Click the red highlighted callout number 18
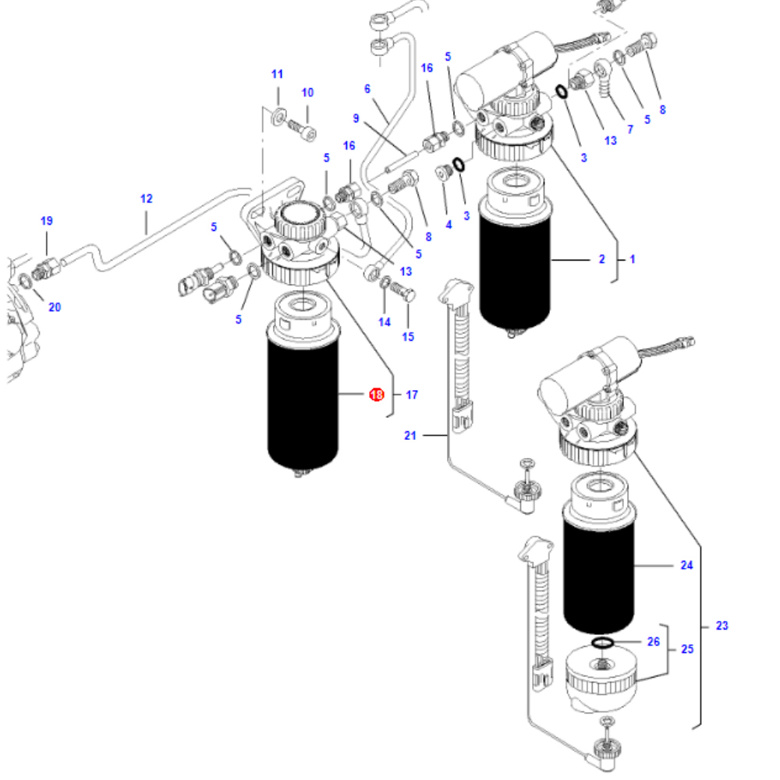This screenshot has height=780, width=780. [x=376, y=395]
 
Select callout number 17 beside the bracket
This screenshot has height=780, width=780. [x=412, y=395]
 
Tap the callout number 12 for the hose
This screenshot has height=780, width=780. [x=147, y=198]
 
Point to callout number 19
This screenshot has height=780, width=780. [x=46, y=221]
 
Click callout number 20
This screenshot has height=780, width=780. [x=54, y=307]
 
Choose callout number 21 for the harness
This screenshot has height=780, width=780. [x=410, y=435]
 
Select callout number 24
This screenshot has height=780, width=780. [x=686, y=565]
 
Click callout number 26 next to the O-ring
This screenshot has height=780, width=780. [x=654, y=642]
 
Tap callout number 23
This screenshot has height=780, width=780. [x=722, y=626]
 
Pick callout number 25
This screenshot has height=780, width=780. [x=687, y=649]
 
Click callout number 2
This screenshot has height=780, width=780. [x=601, y=259]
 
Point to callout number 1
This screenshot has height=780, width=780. [x=632, y=259]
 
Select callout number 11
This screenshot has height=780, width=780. [x=277, y=74]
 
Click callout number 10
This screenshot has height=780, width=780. [x=307, y=92]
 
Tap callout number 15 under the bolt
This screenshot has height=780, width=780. [x=408, y=337]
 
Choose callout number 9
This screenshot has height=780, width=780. [x=356, y=119]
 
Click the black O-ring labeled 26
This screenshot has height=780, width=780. [x=601, y=642]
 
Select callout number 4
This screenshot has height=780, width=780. [x=448, y=225]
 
